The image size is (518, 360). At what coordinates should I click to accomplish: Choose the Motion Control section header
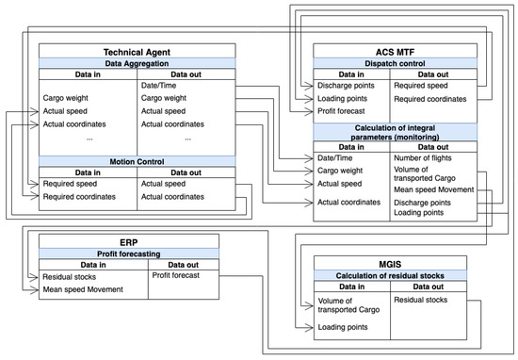(137, 160)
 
